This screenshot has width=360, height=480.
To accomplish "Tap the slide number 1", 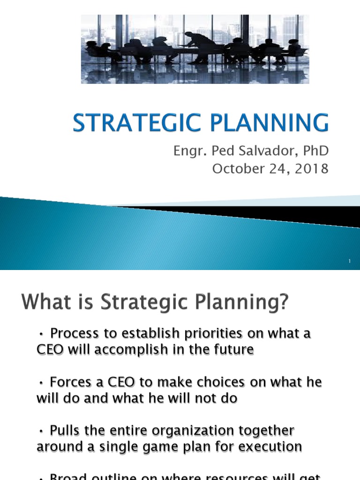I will [x=350, y=261].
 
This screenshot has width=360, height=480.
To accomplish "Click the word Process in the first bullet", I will [x=73, y=333].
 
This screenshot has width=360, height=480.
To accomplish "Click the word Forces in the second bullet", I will [x=70, y=382].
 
